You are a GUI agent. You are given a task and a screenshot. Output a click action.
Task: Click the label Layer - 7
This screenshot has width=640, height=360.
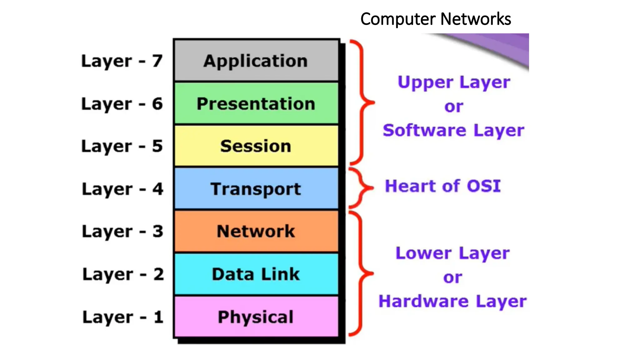(122, 61)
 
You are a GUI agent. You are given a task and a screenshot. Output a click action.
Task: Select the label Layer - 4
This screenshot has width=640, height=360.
(122, 189)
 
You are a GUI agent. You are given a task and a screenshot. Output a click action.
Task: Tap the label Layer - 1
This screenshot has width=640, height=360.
(123, 317)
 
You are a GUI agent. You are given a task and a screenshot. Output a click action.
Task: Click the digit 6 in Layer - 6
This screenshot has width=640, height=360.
(157, 104)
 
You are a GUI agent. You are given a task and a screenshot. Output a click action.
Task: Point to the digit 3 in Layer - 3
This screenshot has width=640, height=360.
(158, 232)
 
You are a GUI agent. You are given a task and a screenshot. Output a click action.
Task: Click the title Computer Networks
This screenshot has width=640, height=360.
(436, 19)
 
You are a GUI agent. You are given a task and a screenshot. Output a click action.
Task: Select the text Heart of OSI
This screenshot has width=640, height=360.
(443, 186)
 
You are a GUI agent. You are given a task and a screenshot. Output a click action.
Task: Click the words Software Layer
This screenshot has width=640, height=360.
(453, 131)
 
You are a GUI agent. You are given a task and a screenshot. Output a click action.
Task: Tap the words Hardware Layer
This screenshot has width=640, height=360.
(452, 302)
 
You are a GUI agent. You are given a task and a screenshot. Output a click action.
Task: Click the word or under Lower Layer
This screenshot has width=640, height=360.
(452, 277)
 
